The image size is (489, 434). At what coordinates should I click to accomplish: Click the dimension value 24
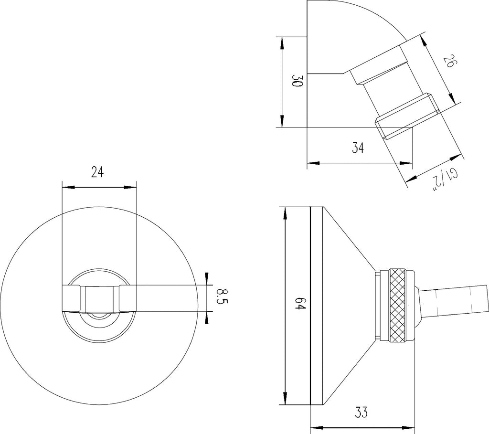coord(97,172)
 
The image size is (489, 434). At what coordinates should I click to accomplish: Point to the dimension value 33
coord(361,413)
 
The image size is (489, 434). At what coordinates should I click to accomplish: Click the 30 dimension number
coord(297,81)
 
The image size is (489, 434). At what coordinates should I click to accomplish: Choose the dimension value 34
coord(358,148)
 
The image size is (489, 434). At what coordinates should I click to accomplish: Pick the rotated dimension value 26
coord(450,61)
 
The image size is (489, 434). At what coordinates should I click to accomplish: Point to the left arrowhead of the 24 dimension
coord(68,187)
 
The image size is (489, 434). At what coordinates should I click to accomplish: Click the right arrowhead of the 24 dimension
coord(130,187)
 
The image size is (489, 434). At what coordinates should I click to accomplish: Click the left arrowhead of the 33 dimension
coord(317,427)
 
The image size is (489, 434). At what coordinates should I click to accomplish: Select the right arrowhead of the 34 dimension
coord(406,163)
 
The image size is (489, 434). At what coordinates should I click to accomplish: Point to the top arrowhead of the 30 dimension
coord(282,43)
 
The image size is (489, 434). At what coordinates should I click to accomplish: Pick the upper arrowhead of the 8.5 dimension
coord(206,279)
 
